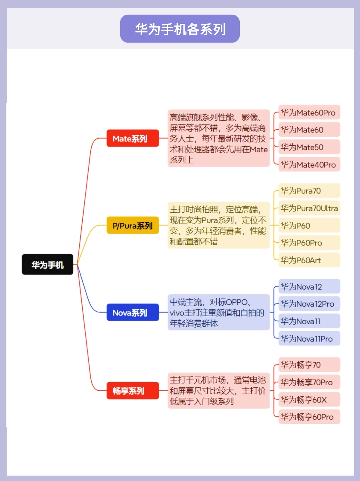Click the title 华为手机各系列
[x=180, y=29]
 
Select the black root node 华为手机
[x=47, y=265]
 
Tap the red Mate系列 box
[x=133, y=138]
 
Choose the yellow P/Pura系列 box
[x=133, y=226]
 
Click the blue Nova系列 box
[x=133, y=313]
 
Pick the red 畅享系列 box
[x=133, y=391]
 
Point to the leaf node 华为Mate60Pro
[x=309, y=113]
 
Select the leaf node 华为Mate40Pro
[x=309, y=165]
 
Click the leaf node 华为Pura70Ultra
[x=309, y=208]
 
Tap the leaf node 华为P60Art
[x=309, y=260]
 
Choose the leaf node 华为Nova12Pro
[x=309, y=304]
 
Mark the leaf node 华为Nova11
[x=309, y=321]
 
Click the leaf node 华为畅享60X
[x=309, y=399]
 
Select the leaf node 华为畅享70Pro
[x=309, y=382]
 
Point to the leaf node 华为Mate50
[x=309, y=147]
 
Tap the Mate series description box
[x=218, y=138]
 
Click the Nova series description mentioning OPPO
[x=218, y=312]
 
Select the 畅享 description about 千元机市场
[x=218, y=391]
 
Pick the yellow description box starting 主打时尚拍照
[x=218, y=225]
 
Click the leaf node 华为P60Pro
[x=309, y=243]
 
